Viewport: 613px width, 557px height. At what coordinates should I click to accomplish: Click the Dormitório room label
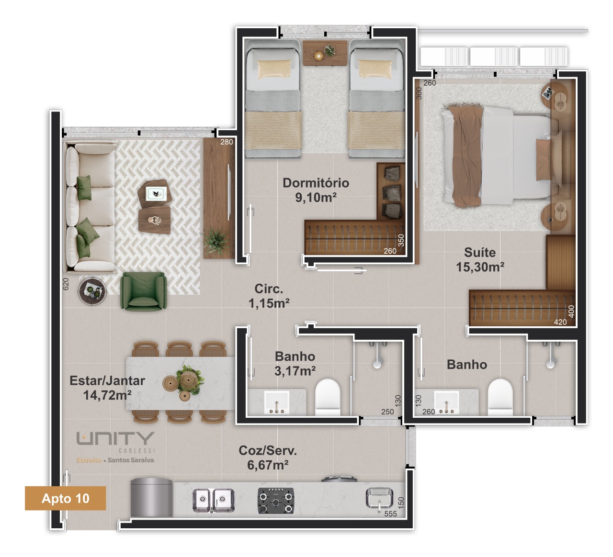point(316,183)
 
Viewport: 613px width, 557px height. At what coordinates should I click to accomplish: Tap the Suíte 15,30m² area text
point(480,259)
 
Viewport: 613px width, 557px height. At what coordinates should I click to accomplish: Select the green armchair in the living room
point(143,291)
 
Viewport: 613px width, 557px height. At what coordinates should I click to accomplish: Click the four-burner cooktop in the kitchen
point(276,501)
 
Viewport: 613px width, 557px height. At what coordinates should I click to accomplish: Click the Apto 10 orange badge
point(66,498)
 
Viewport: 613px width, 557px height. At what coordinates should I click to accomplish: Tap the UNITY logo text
point(115,438)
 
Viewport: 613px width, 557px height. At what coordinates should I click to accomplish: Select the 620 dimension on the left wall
point(66,284)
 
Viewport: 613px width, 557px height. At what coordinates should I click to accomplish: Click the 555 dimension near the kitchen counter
point(390,514)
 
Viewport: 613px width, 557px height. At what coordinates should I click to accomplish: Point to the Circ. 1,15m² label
point(269,296)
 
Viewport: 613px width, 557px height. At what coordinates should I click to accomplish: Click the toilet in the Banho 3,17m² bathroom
point(328,397)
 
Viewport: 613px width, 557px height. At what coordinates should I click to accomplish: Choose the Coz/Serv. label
point(268,451)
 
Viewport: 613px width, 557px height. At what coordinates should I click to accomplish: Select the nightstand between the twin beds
point(325,53)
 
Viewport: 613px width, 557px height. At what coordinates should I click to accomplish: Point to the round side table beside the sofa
point(92,290)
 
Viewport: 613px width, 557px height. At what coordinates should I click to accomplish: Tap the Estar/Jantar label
point(107,381)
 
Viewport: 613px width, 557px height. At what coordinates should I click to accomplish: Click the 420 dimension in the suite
point(560,322)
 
